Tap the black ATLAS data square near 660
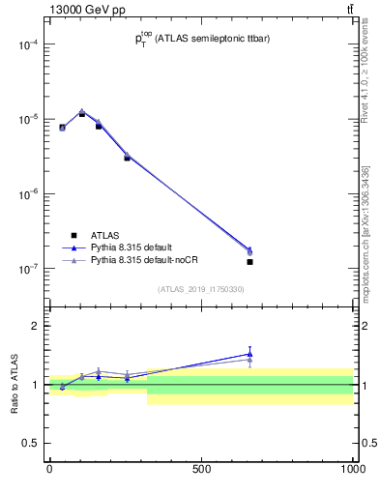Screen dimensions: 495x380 pyautogui.click(x=249, y=262)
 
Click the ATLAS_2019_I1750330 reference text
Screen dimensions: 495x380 pyautogui.click(x=200, y=289)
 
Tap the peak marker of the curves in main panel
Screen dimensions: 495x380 pyautogui.click(x=82, y=112)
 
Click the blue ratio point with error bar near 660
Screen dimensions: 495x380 pyautogui.click(x=249, y=354)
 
